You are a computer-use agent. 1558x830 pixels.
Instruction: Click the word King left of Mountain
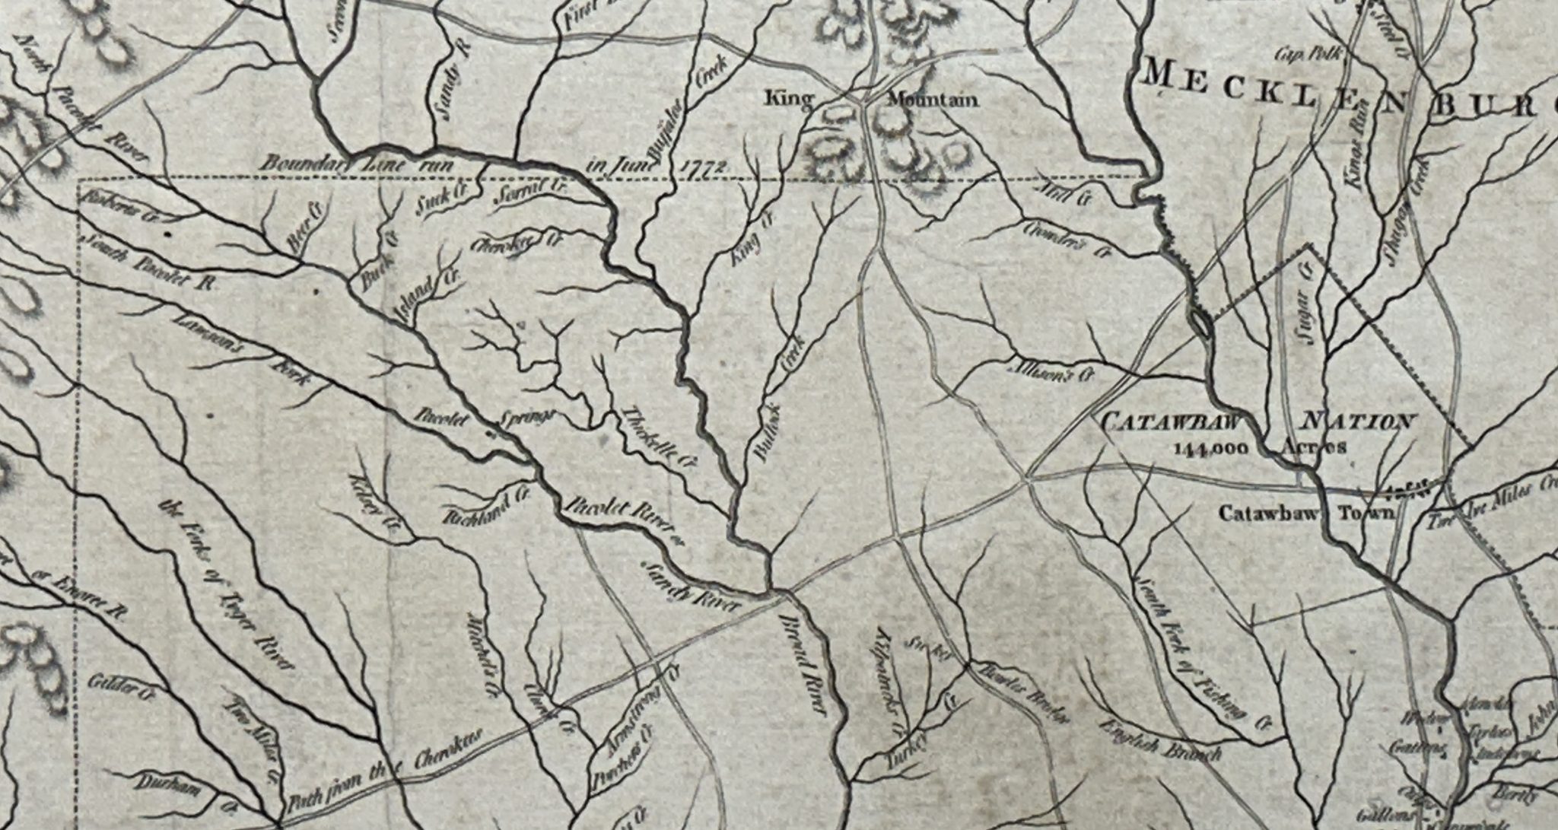point(789,99)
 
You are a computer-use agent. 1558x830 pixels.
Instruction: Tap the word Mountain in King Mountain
point(933,100)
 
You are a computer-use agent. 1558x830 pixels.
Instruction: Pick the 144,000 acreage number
point(1210,447)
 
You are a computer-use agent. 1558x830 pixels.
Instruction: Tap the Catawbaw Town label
point(1307,513)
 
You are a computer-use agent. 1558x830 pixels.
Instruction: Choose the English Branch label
point(1163,739)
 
